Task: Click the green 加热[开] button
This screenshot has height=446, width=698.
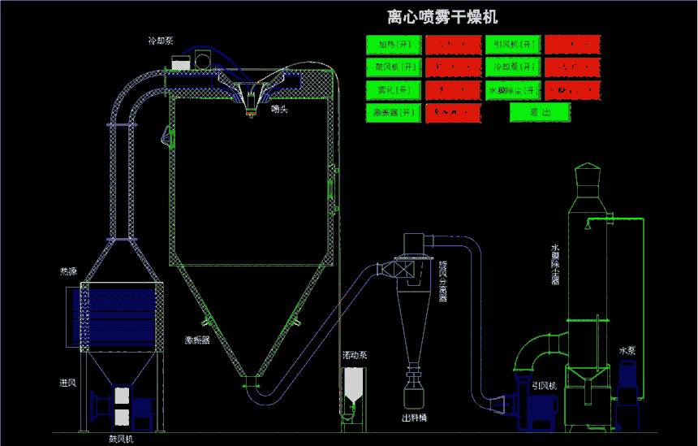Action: [x=393, y=44]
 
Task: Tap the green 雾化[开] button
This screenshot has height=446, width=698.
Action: [x=393, y=89]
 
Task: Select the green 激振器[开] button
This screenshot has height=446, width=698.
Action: [x=393, y=112]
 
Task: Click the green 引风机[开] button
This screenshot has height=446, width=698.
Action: [x=513, y=44]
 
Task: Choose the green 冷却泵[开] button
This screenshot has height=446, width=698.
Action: [x=513, y=67]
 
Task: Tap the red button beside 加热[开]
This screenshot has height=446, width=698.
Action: [x=453, y=44]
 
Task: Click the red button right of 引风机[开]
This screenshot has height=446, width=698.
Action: [x=572, y=44]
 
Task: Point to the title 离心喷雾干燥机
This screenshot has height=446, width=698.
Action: [x=443, y=17]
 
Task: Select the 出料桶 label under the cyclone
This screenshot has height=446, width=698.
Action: [x=414, y=419]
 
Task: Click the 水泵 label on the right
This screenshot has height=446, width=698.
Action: [x=627, y=351]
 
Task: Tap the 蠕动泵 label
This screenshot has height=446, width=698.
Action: [x=355, y=356]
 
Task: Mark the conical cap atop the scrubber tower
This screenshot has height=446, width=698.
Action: [x=587, y=172]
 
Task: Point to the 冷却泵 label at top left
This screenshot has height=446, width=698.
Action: [x=160, y=40]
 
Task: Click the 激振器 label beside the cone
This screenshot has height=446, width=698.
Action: [x=197, y=340]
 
